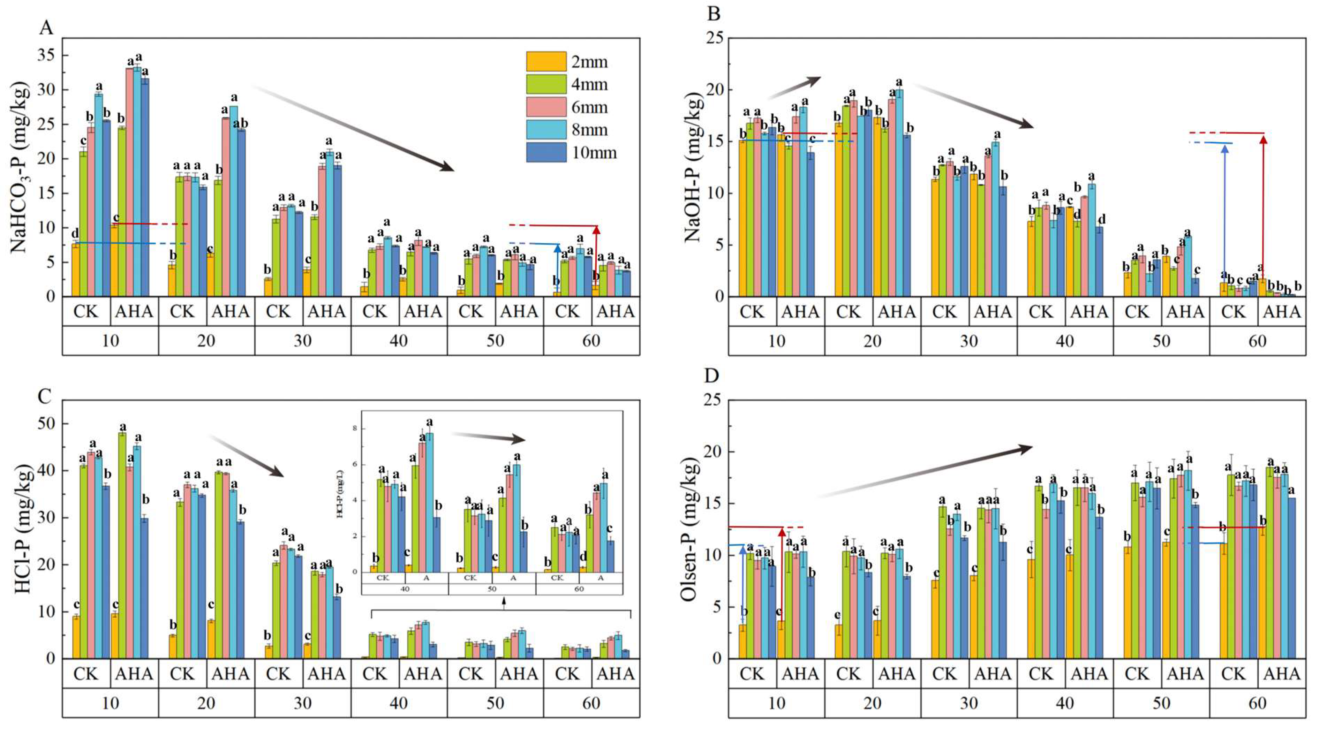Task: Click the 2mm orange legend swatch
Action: tap(546, 61)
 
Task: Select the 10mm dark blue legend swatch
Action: tap(546, 153)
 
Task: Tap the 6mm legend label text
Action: tap(589, 107)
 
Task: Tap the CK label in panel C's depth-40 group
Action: tap(374, 674)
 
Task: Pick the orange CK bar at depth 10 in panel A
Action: tap(75, 270)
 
